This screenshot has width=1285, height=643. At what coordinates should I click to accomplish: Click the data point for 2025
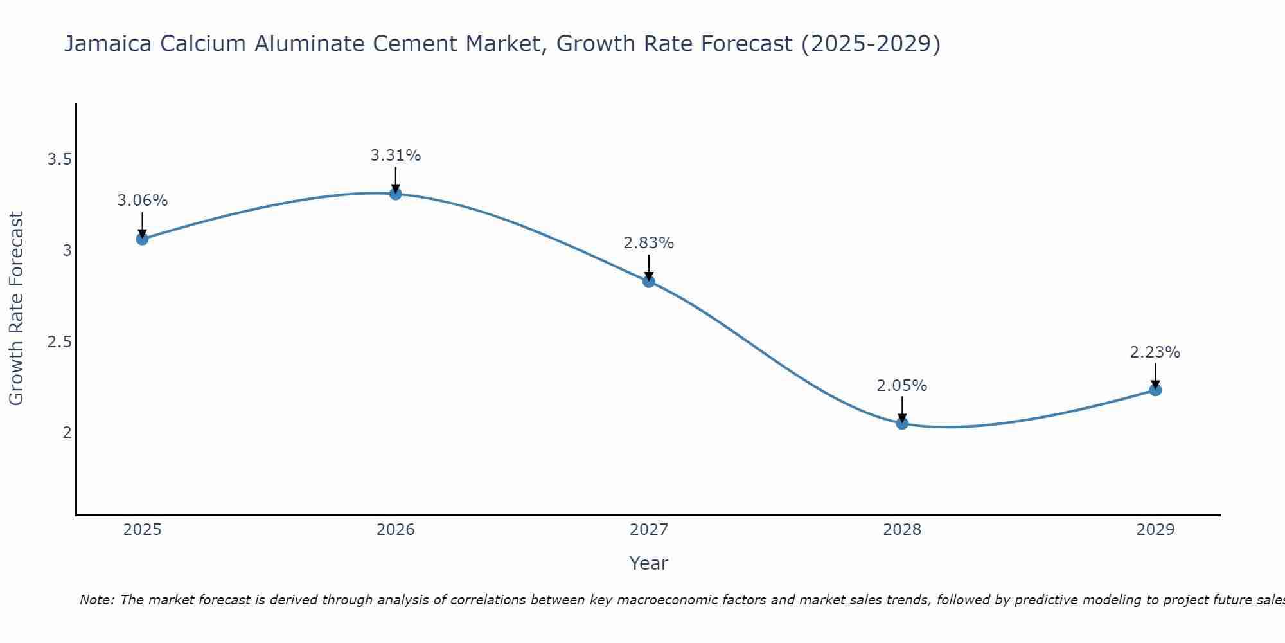click(x=142, y=239)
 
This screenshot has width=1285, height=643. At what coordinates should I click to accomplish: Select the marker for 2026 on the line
click(x=396, y=194)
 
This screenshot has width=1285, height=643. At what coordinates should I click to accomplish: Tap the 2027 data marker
click(x=649, y=281)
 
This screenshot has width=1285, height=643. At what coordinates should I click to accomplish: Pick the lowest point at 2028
click(x=902, y=423)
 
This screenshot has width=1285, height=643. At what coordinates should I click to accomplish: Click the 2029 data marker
click(x=1155, y=390)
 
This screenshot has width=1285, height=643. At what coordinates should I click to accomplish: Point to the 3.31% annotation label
click(x=396, y=156)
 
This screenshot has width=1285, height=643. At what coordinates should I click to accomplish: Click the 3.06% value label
click(x=142, y=201)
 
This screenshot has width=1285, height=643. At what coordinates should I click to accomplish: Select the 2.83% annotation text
click(x=649, y=243)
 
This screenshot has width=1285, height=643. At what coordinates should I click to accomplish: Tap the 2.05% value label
click(x=902, y=386)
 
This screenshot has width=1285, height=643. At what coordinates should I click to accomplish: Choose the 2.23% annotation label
click(x=1155, y=352)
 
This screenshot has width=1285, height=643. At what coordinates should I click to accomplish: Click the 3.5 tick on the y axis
click(x=59, y=159)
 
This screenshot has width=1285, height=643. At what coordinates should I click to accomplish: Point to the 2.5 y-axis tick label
click(x=59, y=341)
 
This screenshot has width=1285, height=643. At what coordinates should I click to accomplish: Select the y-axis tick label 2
click(x=67, y=432)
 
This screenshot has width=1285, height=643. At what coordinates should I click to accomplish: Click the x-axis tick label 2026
click(x=396, y=530)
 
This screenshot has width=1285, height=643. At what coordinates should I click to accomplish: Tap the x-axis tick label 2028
click(x=902, y=530)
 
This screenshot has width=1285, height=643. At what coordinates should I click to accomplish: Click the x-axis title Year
click(x=649, y=563)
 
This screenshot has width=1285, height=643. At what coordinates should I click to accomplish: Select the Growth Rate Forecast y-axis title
click(x=17, y=309)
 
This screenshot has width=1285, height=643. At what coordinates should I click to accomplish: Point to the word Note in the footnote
click(x=96, y=600)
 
